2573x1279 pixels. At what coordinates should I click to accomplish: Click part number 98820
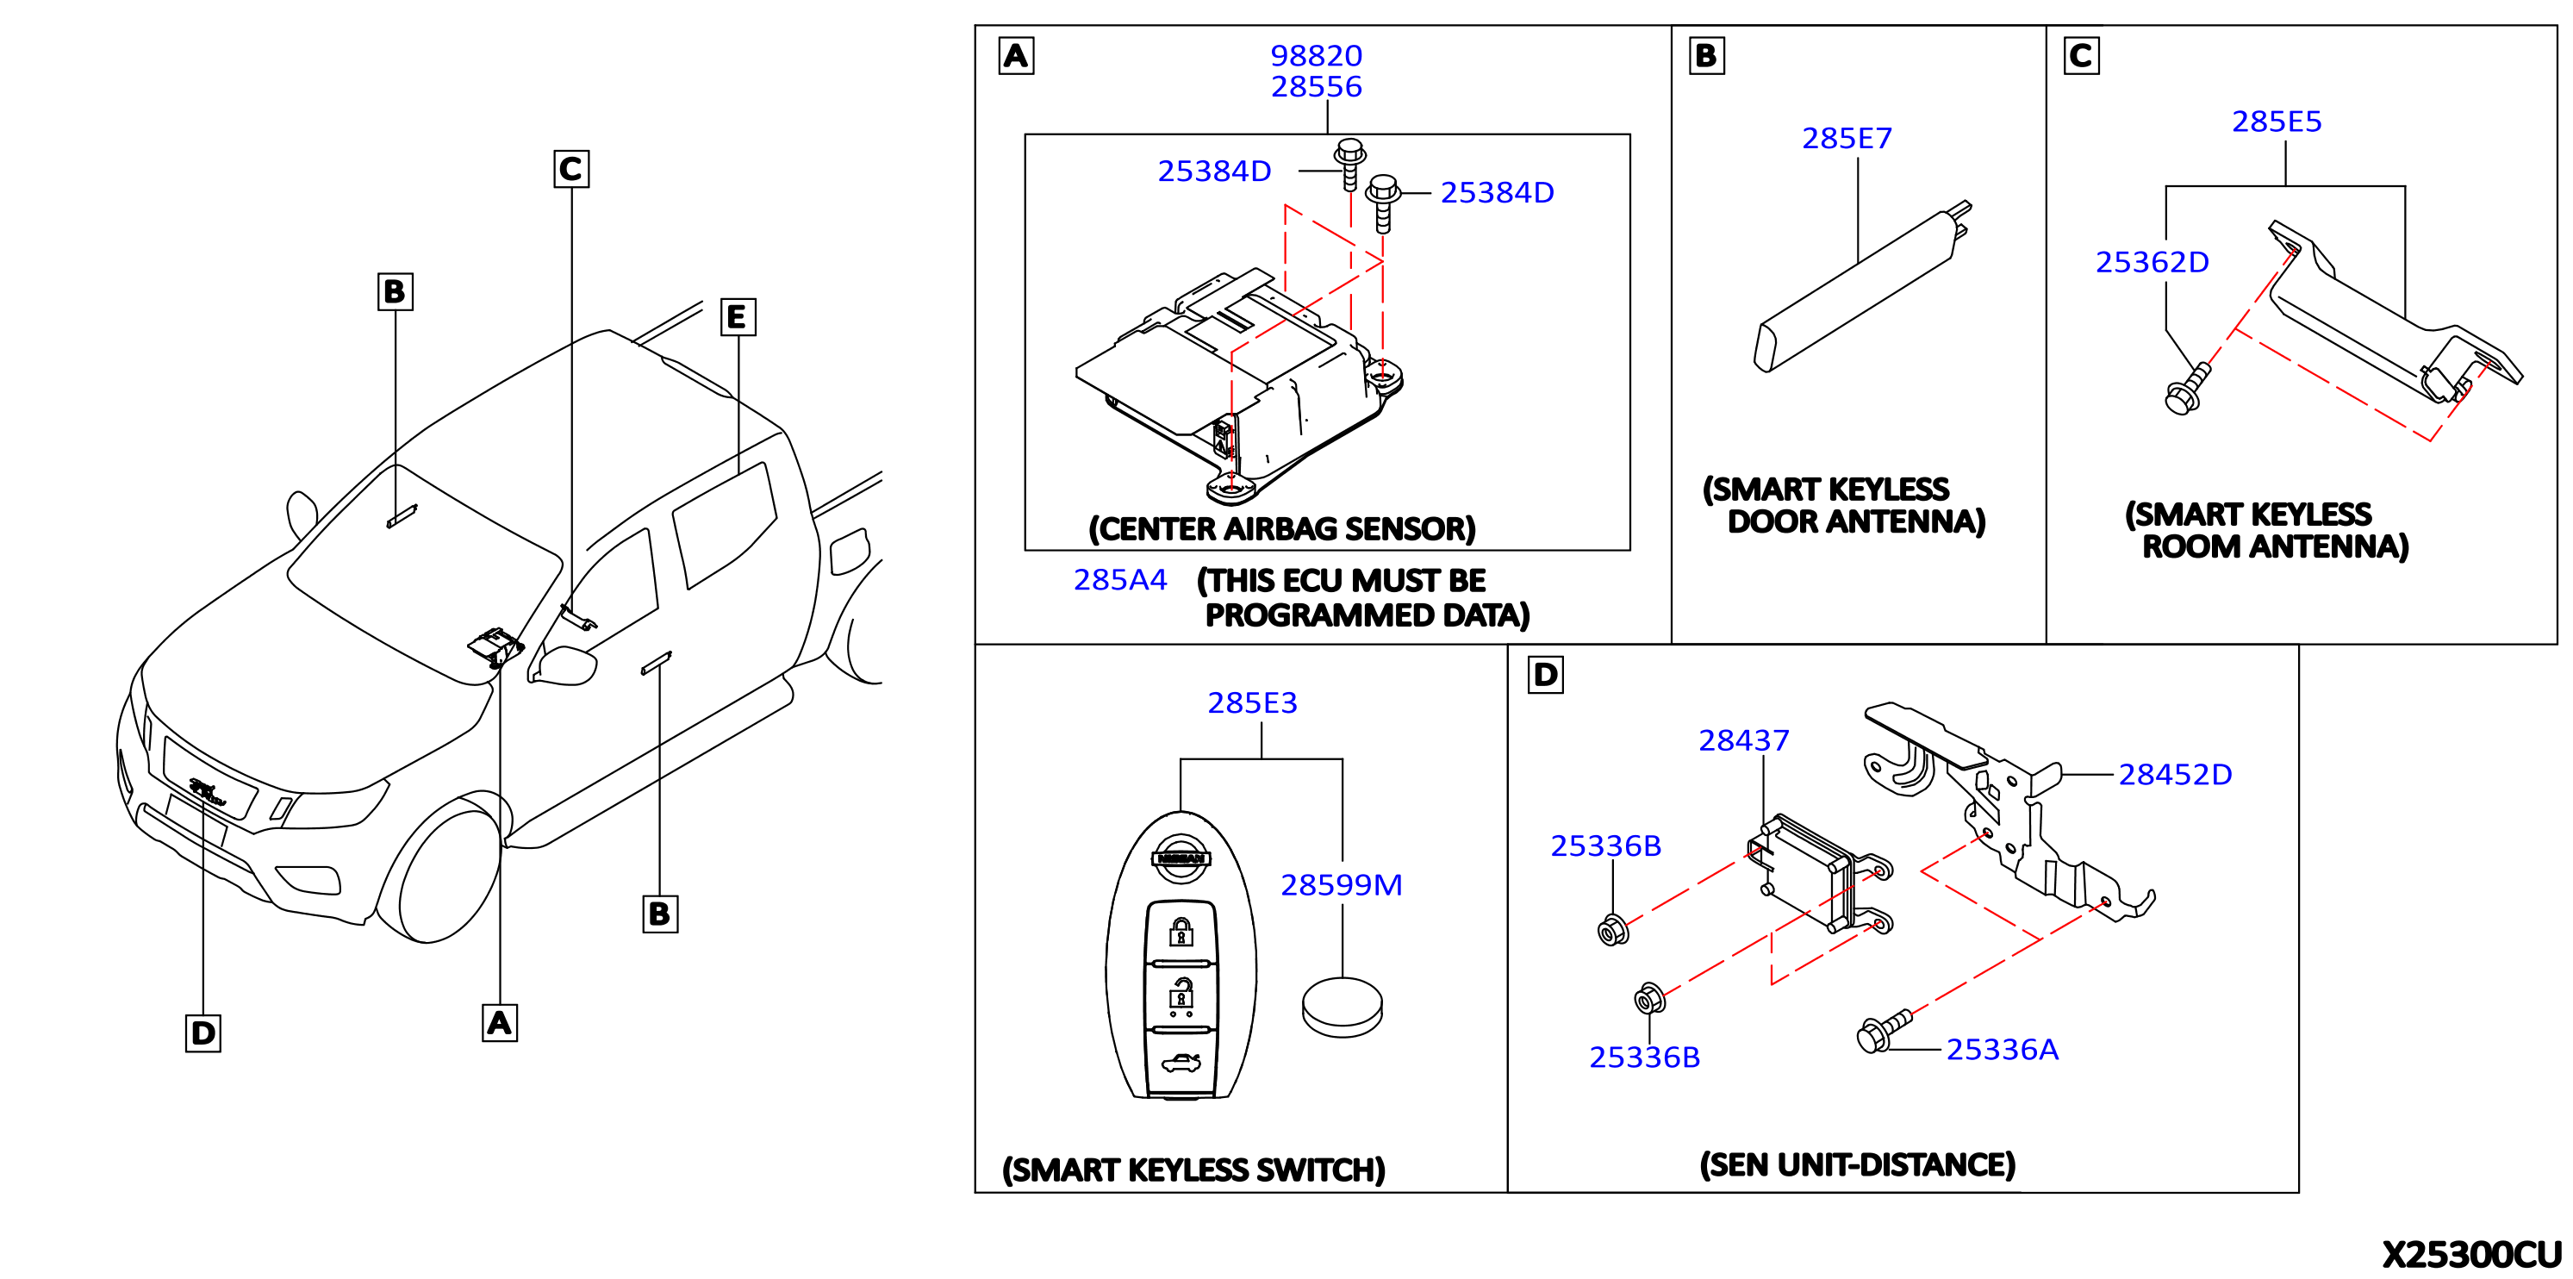[x=1317, y=56]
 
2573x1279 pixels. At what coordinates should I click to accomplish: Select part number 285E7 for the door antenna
[x=1847, y=138]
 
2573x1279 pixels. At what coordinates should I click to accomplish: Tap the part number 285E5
[x=2277, y=121]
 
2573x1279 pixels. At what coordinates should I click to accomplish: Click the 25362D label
[x=2152, y=262]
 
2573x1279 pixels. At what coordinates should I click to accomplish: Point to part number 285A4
[x=1119, y=579]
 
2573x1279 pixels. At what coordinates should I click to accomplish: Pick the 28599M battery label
[x=1342, y=884]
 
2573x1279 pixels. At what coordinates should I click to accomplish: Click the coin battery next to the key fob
[x=1343, y=1008]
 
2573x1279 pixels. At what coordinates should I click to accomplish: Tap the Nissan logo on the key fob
[x=1181, y=858]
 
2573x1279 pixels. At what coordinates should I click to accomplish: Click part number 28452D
[x=2176, y=775]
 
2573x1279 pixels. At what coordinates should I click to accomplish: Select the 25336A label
[x=2003, y=1049]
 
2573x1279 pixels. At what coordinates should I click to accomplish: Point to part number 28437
[x=1744, y=740]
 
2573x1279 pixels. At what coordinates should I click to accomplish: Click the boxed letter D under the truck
[x=202, y=1033]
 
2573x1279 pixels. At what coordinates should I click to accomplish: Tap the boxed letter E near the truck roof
[x=737, y=318]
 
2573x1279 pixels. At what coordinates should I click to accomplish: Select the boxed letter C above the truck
[x=571, y=169]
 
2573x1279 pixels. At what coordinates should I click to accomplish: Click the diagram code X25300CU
[x=2471, y=1254]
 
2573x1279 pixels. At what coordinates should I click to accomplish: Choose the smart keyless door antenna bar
[x=1862, y=287]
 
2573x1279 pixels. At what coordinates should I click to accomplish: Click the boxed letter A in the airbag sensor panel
[x=1016, y=56]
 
